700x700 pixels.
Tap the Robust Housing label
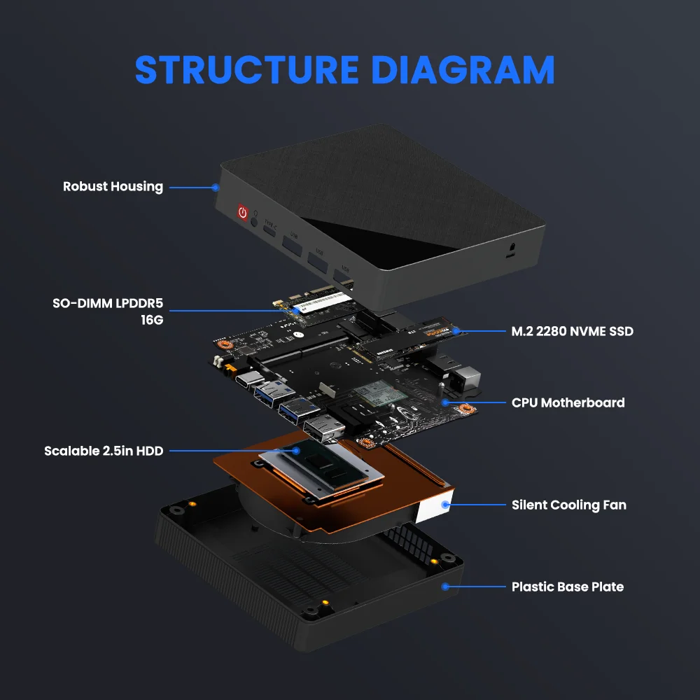click(113, 187)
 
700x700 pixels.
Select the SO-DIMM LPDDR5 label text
click(107, 303)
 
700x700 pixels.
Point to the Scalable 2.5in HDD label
click(104, 451)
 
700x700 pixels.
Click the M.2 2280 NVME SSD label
click(572, 331)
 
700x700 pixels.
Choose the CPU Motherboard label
click(568, 402)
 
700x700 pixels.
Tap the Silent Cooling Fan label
click(568, 505)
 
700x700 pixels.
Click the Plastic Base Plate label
click(567, 587)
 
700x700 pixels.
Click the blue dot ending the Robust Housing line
click(216, 188)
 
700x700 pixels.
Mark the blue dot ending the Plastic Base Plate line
click(443, 587)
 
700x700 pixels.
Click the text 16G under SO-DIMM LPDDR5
click(152, 320)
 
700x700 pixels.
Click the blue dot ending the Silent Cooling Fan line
click(444, 505)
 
